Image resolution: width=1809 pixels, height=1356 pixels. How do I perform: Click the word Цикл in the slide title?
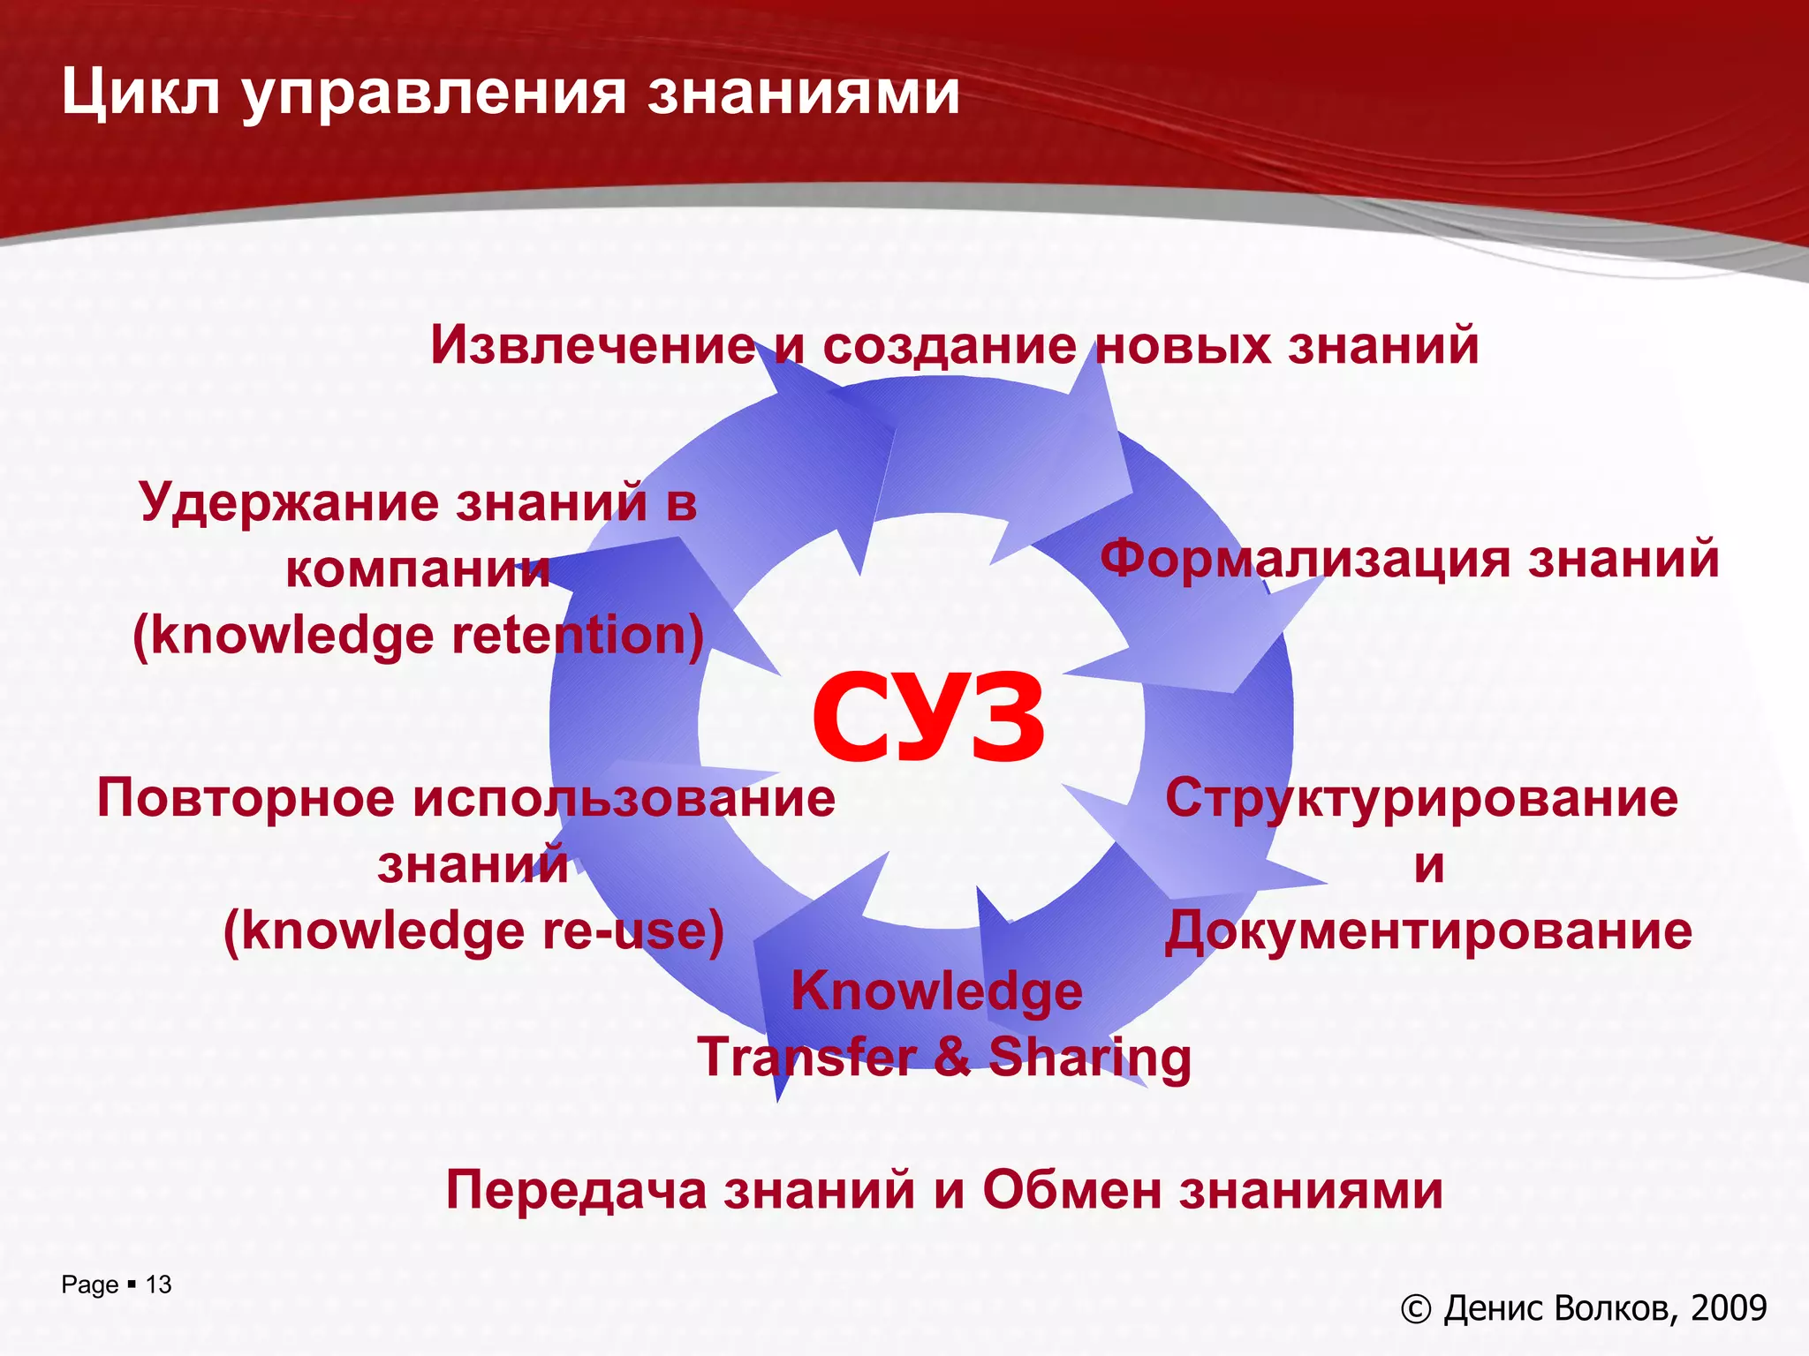coord(140,94)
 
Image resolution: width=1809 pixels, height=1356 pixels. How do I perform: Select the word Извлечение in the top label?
coord(592,344)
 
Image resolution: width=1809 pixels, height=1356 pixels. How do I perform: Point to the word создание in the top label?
coord(950,344)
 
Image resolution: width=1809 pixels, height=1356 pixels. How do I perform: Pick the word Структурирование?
coord(1421,798)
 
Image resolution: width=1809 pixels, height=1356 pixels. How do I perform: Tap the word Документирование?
coord(1428,930)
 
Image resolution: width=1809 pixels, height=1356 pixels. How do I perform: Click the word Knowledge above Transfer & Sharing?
coord(936,991)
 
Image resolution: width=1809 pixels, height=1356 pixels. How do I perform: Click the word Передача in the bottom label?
coord(576,1190)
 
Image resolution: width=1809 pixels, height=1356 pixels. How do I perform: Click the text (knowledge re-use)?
coord(473,930)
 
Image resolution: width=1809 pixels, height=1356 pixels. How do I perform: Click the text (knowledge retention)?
coord(418,636)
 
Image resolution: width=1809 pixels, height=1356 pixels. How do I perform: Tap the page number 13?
coord(158,1284)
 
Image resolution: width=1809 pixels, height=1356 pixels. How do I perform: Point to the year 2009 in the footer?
coord(1729,1308)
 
